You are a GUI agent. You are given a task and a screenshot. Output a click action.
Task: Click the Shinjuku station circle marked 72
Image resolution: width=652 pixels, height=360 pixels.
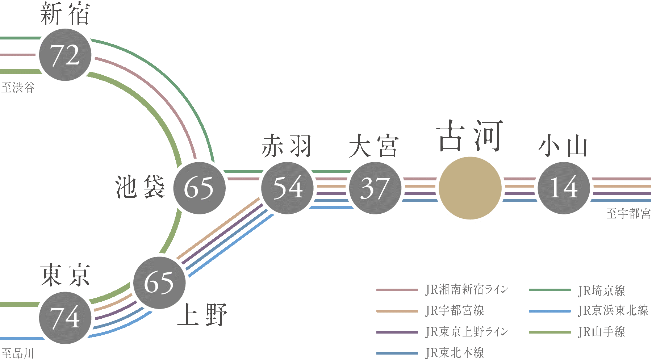65,55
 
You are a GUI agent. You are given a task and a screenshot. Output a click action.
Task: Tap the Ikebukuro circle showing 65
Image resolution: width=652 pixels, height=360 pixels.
199,188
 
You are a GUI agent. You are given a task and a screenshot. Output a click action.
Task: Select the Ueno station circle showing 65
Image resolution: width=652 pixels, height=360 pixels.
159,283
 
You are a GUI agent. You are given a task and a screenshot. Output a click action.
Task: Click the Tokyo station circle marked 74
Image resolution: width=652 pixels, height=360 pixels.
65,318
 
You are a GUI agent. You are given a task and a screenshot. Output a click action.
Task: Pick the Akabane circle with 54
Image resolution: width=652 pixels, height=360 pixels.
288,188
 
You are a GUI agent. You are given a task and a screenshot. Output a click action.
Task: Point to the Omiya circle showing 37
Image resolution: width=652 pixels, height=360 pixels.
375,188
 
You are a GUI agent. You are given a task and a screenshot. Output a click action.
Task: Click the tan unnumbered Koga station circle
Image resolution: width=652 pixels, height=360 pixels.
470,188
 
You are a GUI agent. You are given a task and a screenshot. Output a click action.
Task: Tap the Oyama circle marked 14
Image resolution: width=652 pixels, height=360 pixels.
564,188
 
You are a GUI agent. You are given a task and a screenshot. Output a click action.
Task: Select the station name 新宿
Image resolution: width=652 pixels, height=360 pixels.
65,14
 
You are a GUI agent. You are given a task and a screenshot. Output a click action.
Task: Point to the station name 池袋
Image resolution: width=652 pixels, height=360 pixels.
140,187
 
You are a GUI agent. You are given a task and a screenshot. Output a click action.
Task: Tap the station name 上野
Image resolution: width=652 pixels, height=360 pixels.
202,314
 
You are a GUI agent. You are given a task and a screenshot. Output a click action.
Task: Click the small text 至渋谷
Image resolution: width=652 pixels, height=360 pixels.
18,88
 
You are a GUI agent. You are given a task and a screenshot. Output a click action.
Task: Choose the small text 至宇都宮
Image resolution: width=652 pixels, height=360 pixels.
628,213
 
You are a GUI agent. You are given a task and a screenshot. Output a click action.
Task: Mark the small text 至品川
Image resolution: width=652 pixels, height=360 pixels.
18,353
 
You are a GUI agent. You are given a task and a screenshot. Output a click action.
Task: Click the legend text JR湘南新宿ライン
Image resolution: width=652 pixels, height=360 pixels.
467,290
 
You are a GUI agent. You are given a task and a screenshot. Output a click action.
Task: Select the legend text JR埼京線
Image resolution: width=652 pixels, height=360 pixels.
602,290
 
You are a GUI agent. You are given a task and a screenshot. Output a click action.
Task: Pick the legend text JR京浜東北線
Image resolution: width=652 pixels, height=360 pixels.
613,311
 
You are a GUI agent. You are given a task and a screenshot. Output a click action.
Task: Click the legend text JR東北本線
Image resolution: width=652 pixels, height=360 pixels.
455,353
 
